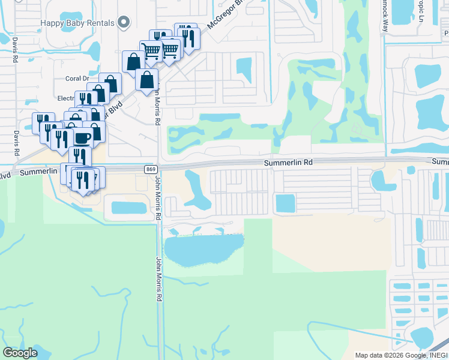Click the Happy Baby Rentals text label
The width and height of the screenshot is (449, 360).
tap(77, 23)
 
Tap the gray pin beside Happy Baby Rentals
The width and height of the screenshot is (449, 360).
tap(124, 23)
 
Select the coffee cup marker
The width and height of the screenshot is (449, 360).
tap(82, 137)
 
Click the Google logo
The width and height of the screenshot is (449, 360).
tap(20, 353)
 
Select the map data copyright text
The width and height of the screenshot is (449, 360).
tap(400, 355)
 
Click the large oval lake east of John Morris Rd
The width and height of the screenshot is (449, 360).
tap(203, 249)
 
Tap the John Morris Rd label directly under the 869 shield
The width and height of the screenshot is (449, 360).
tap(158, 198)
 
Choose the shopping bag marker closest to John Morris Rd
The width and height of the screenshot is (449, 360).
tap(147, 80)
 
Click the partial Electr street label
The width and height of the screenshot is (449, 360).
tap(65, 98)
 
